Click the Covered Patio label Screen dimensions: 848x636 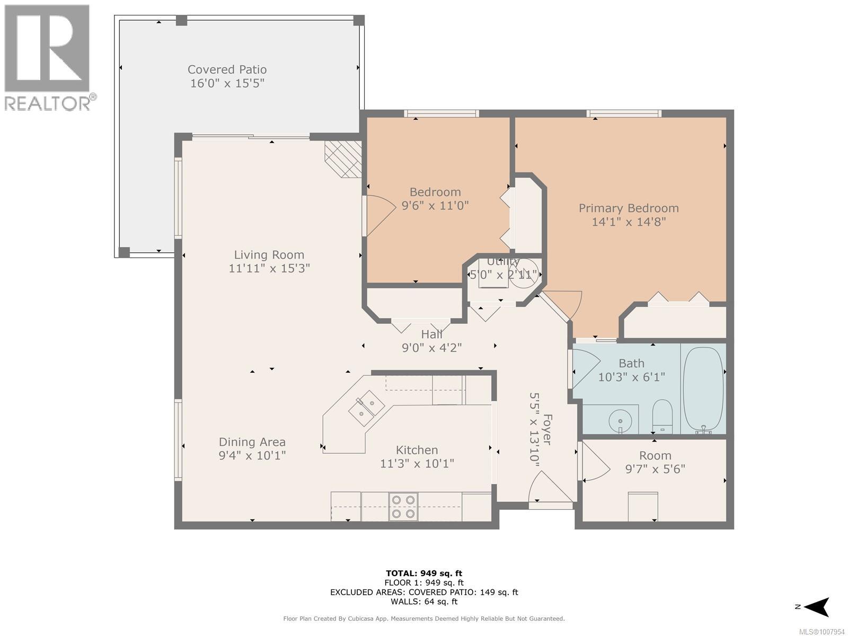pyautogui.click(x=227, y=69)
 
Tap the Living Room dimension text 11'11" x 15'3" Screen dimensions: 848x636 pyautogui.click(x=269, y=268)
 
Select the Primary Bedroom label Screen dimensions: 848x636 pyautogui.click(x=629, y=208)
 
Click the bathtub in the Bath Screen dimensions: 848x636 pyautogui.click(x=703, y=390)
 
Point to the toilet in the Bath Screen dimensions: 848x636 pyautogui.click(x=662, y=416)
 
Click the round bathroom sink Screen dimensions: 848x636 pyautogui.click(x=620, y=420)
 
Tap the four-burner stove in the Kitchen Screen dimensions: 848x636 pyautogui.click(x=403, y=506)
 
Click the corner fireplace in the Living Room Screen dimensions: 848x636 pyautogui.click(x=343, y=159)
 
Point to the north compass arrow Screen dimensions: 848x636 pyautogui.click(x=818, y=607)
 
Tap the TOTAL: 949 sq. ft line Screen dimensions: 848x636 pyautogui.click(x=424, y=573)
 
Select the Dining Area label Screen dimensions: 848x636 pyautogui.click(x=252, y=442)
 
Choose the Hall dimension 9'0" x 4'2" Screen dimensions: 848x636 pyautogui.click(x=432, y=348)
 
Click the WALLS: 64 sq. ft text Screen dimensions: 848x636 pyautogui.click(x=424, y=602)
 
